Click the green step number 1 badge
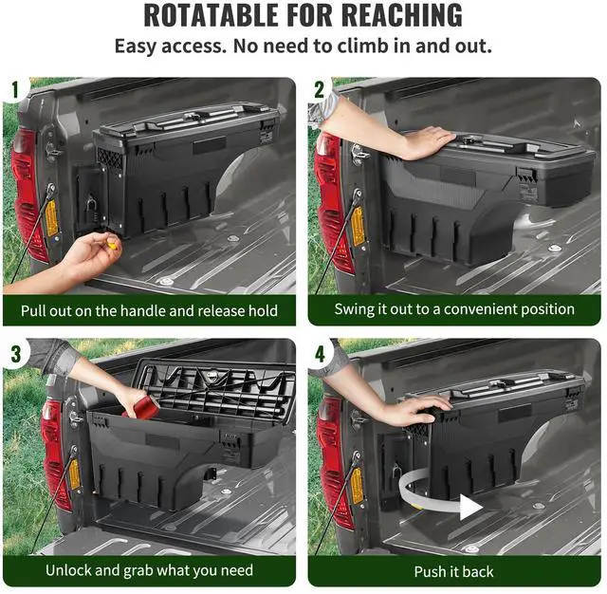[14, 90]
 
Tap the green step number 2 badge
[319, 90]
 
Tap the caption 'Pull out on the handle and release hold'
[151, 309]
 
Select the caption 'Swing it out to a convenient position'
[454, 309]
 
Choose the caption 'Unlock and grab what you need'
[151, 570]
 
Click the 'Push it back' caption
[454, 571]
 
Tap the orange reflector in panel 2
[359, 225]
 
